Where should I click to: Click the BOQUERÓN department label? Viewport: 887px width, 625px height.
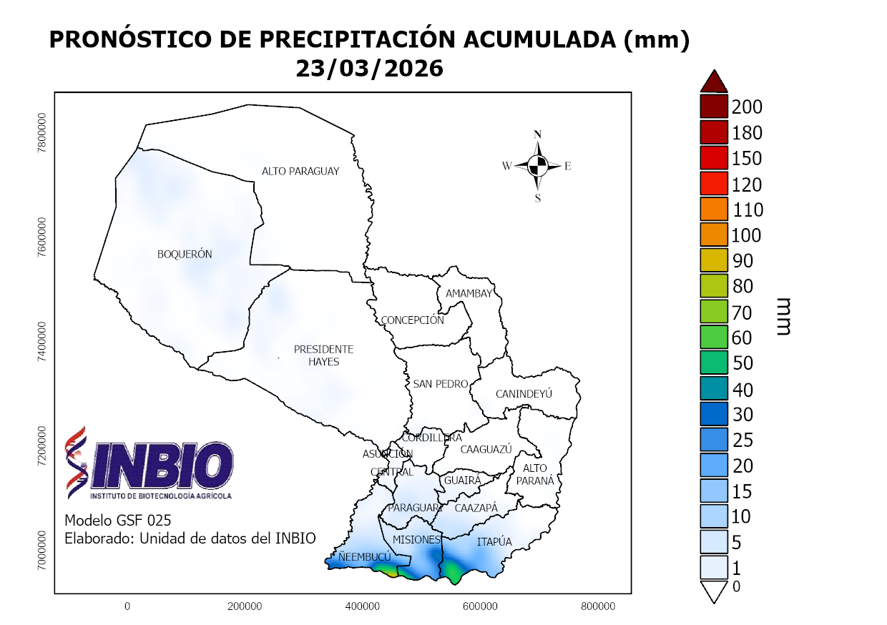pos(185,255)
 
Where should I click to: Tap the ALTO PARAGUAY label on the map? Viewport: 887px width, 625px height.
pos(300,172)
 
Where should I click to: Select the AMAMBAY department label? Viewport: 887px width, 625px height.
pos(469,294)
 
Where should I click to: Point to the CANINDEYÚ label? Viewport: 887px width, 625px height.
pos(524,394)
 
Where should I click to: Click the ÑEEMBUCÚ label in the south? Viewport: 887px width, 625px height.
pos(364,556)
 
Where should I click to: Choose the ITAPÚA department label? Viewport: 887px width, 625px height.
pos(494,542)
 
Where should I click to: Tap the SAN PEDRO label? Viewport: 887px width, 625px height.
pos(441,385)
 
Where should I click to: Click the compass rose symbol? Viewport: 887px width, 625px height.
pos(538,166)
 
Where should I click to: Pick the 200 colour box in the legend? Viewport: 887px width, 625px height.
pos(714,107)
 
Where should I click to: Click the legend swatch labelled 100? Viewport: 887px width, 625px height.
pos(714,235)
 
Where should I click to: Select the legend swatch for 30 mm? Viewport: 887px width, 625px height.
pos(714,415)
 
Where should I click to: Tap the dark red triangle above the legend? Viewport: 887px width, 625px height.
pos(714,82)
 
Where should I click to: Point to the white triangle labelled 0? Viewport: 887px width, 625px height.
pos(714,591)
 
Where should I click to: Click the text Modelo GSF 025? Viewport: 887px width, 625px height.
pos(118,520)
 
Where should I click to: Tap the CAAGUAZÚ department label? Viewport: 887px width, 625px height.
pos(486,450)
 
